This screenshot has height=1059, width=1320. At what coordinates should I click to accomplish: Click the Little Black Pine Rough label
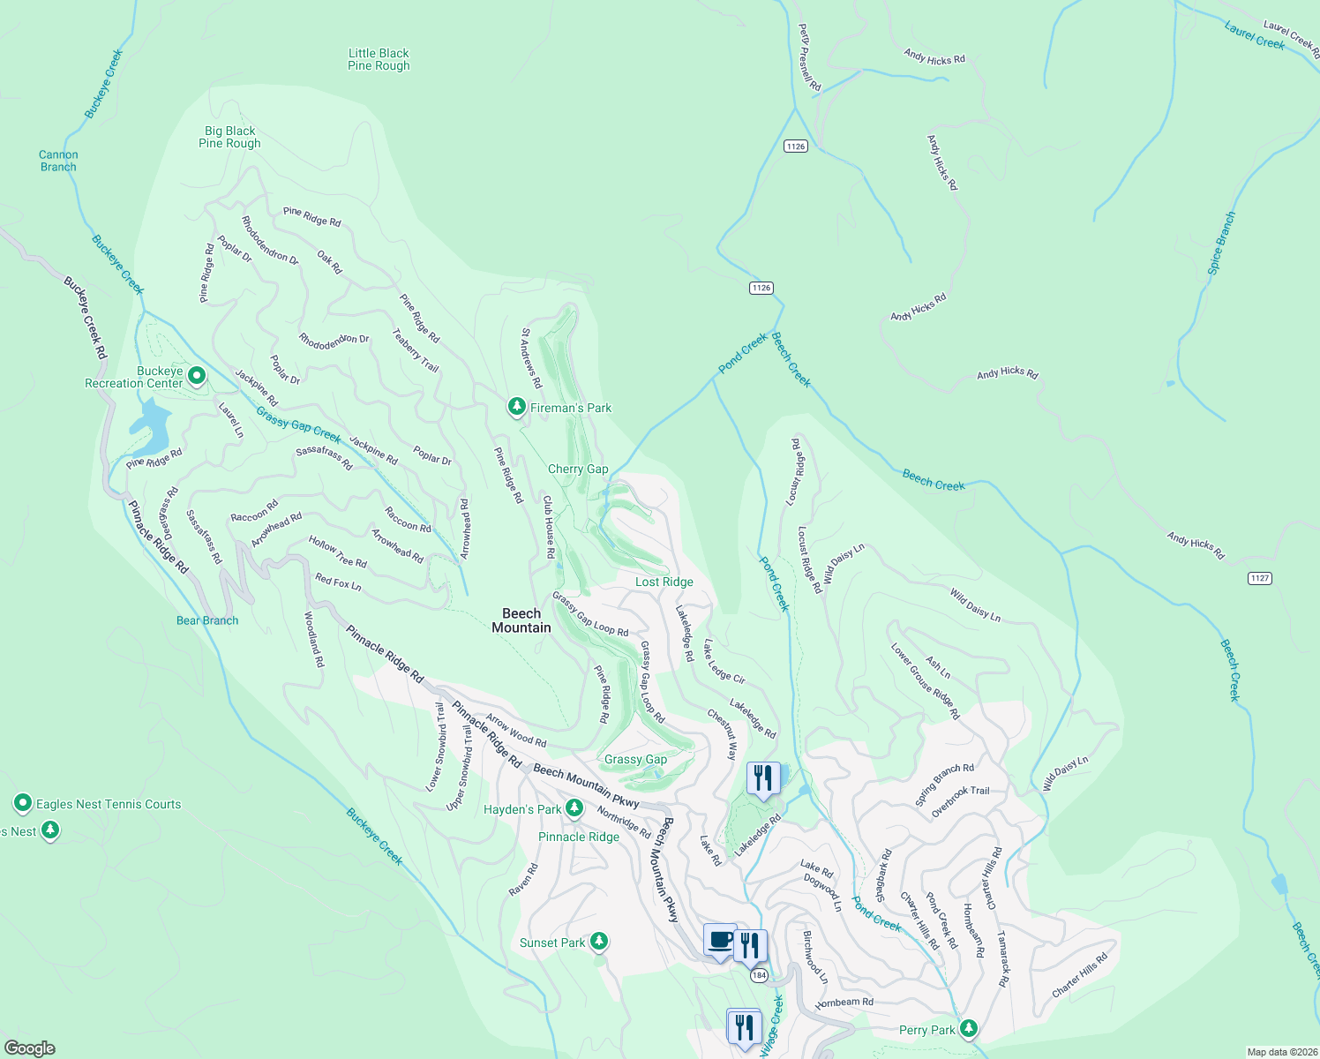379,59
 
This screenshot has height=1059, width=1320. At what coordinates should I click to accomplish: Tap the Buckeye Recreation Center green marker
197,377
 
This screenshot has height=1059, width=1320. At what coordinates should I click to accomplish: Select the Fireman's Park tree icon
516,407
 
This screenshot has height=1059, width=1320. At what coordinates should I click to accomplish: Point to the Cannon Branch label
58,161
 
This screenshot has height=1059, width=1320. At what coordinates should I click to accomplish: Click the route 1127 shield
1259,578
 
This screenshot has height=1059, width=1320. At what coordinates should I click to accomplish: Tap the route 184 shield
759,975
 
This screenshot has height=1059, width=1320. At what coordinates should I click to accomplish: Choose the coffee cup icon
720,939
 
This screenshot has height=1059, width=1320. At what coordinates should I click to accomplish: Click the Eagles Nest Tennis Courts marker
23,803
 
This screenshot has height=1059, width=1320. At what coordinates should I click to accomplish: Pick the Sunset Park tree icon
599,942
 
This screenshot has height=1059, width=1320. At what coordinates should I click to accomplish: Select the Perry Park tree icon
969,1028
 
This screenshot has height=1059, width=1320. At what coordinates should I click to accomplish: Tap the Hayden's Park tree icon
574,807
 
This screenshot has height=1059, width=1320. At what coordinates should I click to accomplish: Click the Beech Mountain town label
521,620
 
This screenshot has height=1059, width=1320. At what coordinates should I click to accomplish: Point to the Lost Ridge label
664,582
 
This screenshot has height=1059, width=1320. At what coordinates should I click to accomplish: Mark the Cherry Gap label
578,469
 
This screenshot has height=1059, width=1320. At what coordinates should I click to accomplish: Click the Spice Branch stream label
1221,244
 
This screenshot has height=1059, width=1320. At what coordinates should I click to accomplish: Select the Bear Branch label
207,620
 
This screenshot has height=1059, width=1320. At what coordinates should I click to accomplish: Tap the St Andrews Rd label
530,358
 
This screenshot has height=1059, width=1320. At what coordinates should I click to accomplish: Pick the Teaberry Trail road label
416,350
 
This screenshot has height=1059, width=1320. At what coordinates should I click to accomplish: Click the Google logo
29,1048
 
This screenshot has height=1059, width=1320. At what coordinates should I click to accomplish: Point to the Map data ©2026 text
1280,1052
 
